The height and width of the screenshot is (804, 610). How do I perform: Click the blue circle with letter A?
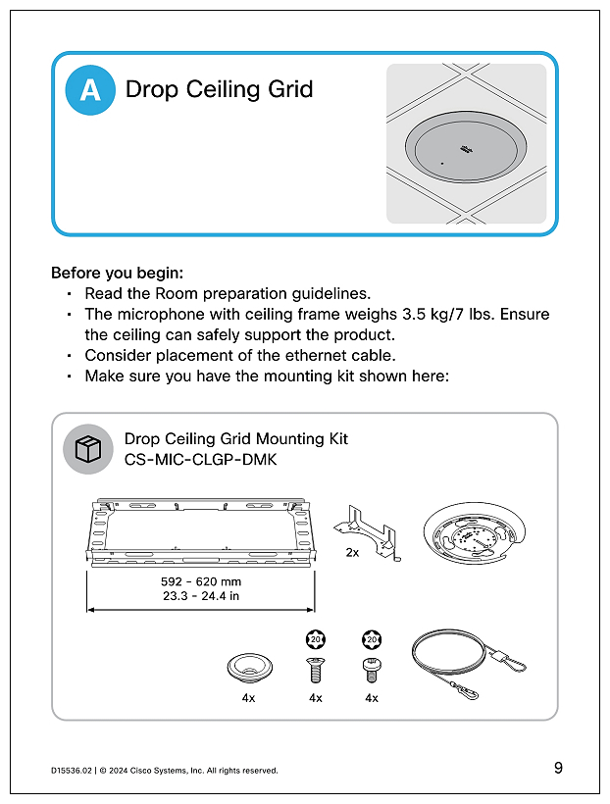click(90, 89)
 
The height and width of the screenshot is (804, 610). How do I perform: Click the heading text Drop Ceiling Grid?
click(219, 89)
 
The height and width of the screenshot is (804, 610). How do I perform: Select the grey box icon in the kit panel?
click(88, 449)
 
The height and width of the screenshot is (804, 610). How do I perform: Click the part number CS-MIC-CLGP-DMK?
click(201, 458)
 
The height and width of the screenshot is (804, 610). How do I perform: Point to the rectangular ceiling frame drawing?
click(201, 534)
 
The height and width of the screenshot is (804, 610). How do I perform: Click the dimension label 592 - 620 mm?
click(200, 581)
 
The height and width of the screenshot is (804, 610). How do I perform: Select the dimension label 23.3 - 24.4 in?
click(200, 595)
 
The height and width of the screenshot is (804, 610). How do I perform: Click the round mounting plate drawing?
click(473, 535)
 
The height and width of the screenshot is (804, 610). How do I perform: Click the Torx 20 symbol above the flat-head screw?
click(315, 639)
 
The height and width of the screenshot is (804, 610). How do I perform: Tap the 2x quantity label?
click(352, 553)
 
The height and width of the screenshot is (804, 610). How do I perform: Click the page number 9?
click(557, 768)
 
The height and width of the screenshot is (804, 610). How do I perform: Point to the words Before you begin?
click(117, 272)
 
